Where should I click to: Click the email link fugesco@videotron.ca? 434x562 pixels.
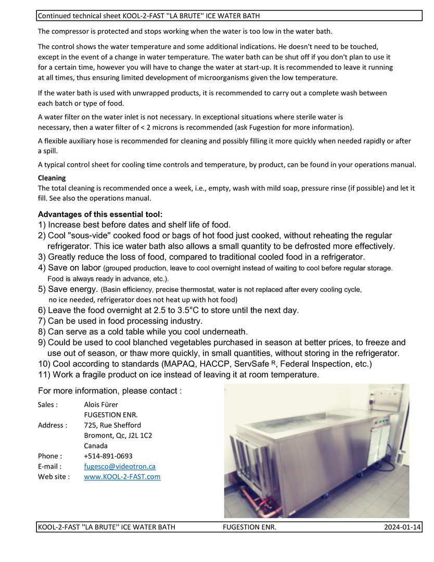(120, 466)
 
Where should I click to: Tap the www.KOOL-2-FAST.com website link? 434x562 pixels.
(122, 477)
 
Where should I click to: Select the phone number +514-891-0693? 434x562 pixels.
(108, 456)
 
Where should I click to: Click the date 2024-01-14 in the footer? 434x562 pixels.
(402, 527)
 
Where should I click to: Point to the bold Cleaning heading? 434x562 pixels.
(52, 178)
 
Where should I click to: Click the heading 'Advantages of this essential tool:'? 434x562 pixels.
(100, 214)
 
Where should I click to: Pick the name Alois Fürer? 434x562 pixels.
(101, 404)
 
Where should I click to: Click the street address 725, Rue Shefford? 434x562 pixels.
(112, 425)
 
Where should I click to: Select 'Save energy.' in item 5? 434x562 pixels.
(72, 289)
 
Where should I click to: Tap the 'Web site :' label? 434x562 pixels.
(54, 477)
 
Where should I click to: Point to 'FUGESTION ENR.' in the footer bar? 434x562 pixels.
(249, 527)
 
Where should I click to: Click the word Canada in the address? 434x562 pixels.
(96, 445)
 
